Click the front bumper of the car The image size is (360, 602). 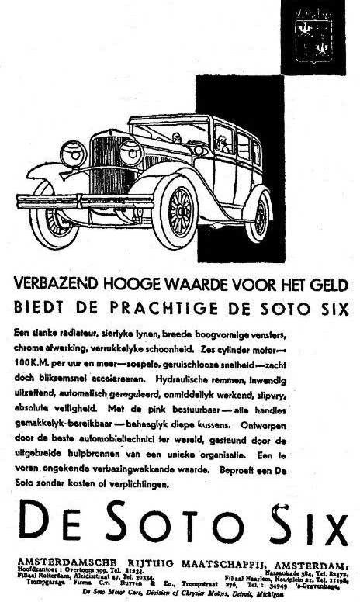click(x=85, y=201)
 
